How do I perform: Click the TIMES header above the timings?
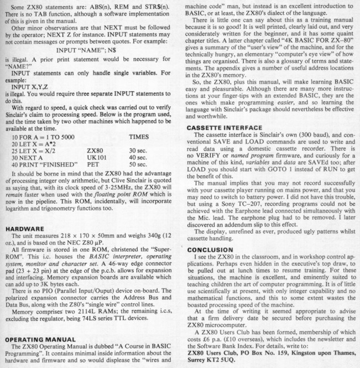pos(138,136)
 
